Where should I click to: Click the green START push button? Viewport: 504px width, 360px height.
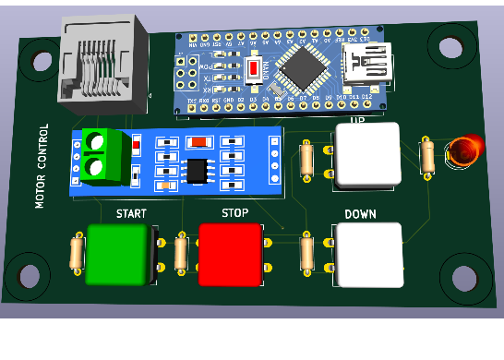[117, 254]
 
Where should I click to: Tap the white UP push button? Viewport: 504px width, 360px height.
[367, 154]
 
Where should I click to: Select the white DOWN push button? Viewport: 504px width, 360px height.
[369, 254]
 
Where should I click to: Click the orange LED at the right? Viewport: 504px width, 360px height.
[463, 150]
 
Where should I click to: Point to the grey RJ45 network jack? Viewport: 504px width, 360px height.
[102, 59]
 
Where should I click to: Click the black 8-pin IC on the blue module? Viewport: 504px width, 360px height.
[197, 171]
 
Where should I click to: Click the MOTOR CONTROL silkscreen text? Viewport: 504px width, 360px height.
[42, 166]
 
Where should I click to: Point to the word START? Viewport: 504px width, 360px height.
[131, 214]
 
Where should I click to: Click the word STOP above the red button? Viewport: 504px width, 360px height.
[234, 213]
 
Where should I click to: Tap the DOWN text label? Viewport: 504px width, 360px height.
[360, 214]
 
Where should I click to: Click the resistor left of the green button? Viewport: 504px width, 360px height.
[78, 253]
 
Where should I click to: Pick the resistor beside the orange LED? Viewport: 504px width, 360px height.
[427, 156]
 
